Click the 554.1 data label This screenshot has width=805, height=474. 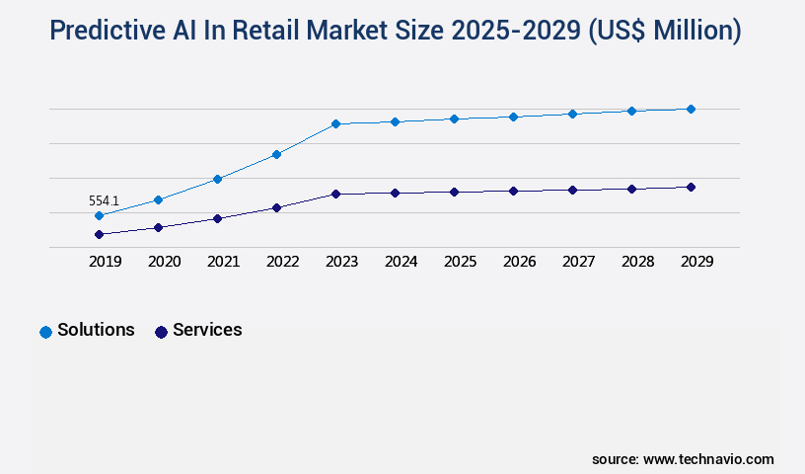[104, 200]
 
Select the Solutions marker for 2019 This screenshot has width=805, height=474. [99, 215]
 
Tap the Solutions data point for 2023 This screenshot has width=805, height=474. [335, 123]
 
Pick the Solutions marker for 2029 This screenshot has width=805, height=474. [691, 109]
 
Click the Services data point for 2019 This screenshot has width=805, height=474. [99, 234]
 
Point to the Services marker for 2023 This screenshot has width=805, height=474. [335, 194]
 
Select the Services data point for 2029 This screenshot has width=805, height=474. [691, 187]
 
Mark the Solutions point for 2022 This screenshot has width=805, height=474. [276, 154]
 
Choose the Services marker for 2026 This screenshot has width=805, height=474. [513, 191]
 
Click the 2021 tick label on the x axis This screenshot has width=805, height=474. [223, 262]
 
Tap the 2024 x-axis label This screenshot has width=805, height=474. [401, 262]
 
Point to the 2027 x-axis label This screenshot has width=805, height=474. [578, 262]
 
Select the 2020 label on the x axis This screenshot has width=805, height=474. [164, 262]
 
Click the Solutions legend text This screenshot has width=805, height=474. [96, 330]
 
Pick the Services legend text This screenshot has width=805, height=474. [207, 330]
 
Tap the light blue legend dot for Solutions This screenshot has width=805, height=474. [45, 332]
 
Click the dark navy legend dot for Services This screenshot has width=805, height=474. [161, 332]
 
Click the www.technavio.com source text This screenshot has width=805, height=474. [708, 459]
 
